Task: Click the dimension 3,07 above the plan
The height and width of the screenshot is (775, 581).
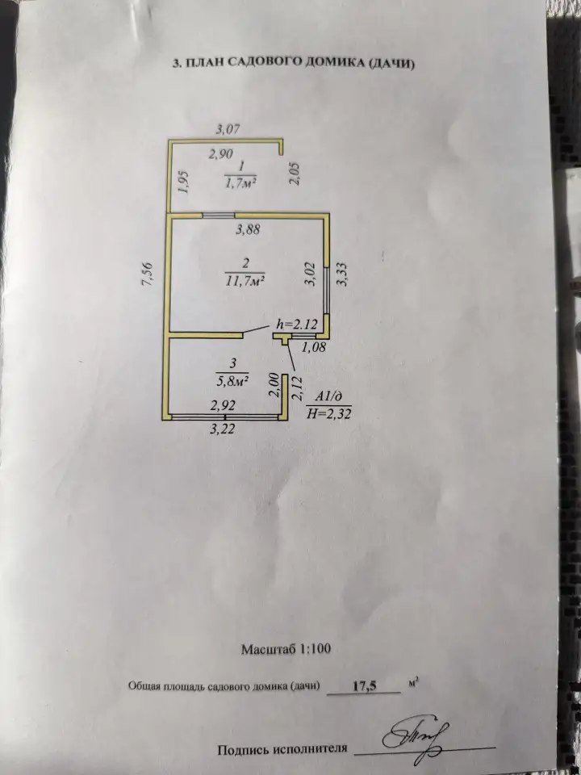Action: click(228, 130)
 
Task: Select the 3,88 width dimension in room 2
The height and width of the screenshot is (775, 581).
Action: click(248, 229)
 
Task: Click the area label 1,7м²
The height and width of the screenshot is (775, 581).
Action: click(240, 183)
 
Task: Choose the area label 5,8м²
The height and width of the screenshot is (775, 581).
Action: click(232, 382)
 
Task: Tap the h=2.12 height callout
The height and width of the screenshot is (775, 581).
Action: click(296, 325)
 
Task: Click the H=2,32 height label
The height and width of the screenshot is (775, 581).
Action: click(329, 413)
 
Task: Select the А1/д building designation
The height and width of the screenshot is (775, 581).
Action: click(329, 396)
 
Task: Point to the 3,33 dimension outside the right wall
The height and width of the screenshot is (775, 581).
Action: click(342, 274)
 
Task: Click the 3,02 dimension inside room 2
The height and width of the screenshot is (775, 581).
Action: click(311, 274)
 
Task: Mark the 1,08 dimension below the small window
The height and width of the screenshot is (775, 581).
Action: click(314, 347)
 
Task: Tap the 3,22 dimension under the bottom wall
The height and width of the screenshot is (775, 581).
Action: click(223, 429)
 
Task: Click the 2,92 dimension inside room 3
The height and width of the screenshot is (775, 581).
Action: click(223, 406)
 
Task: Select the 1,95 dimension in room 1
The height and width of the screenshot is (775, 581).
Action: click(183, 182)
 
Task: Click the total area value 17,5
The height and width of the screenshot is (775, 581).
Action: click(365, 686)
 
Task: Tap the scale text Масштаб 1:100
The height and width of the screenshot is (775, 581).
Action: click(286, 648)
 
